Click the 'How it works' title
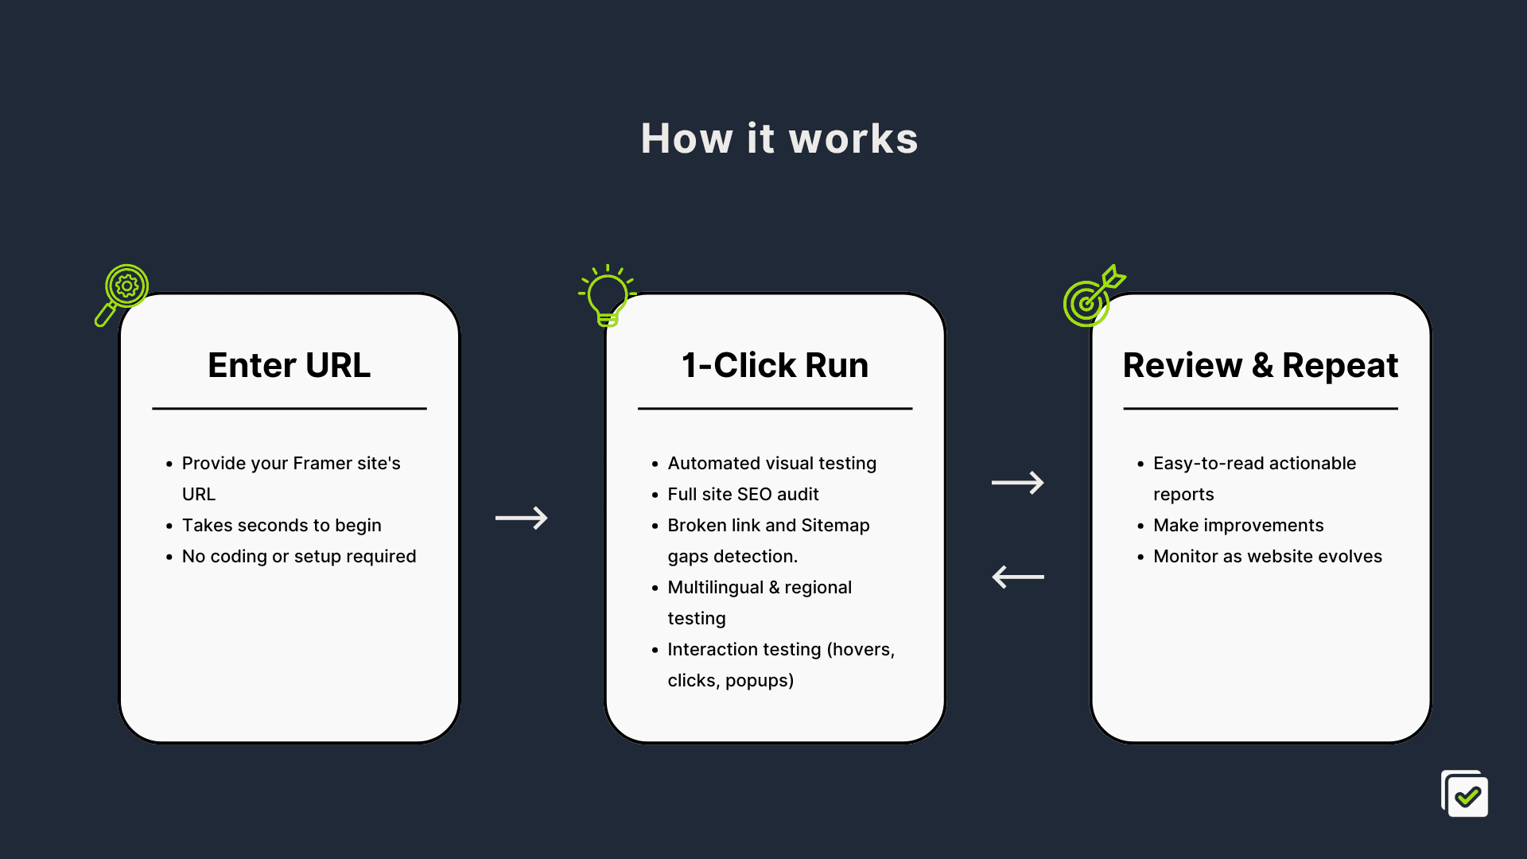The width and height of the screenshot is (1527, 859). pyautogui.click(x=779, y=138)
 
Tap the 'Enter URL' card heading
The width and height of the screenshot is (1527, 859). pyautogui.click(x=289, y=365)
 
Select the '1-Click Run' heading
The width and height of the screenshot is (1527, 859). pyautogui.click(x=775, y=365)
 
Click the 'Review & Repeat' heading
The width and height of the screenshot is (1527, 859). pyautogui.click(x=1261, y=366)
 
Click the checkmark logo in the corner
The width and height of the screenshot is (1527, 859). pyautogui.click(x=1465, y=794)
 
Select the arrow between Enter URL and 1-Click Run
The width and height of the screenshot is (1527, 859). pyautogui.click(x=522, y=518)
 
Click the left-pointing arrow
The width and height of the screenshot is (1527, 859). pyautogui.click(x=1018, y=577)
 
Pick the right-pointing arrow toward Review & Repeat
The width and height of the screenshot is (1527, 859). pyautogui.click(x=1018, y=482)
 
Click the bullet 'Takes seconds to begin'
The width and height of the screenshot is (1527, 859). pyautogui.click(x=282, y=525)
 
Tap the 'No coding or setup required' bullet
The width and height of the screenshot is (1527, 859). pyautogui.click(x=299, y=556)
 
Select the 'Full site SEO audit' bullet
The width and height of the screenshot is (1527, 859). pyautogui.click(x=743, y=494)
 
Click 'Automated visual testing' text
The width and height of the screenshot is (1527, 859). pyautogui.click(x=771, y=463)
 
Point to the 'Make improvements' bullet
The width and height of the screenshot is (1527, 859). pyautogui.click(x=1238, y=525)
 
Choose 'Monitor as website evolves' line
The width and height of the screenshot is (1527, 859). pyautogui.click(x=1268, y=556)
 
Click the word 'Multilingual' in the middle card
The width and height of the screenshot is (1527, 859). pyautogui.click(x=715, y=587)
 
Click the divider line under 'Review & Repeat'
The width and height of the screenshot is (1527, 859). pyautogui.click(x=1261, y=409)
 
